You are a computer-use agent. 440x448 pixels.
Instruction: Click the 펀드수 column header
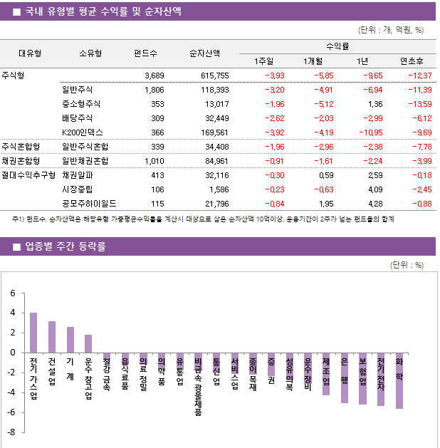coord(146,52)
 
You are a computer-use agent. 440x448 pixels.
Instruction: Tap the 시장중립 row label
coord(78,189)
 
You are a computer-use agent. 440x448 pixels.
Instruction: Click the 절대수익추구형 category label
coord(28,174)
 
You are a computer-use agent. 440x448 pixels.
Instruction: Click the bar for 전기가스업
coord(33,333)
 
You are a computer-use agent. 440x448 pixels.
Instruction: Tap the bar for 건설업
coord(52,337)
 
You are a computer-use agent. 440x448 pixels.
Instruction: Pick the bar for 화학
coord(399,380)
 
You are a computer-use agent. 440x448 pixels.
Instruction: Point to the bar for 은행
coord(345,377)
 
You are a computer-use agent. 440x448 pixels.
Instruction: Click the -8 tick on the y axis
coord(12,432)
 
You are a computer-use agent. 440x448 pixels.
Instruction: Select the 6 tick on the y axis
coord(12,293)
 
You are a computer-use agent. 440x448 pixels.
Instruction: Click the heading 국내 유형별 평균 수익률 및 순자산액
coord(103,12)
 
